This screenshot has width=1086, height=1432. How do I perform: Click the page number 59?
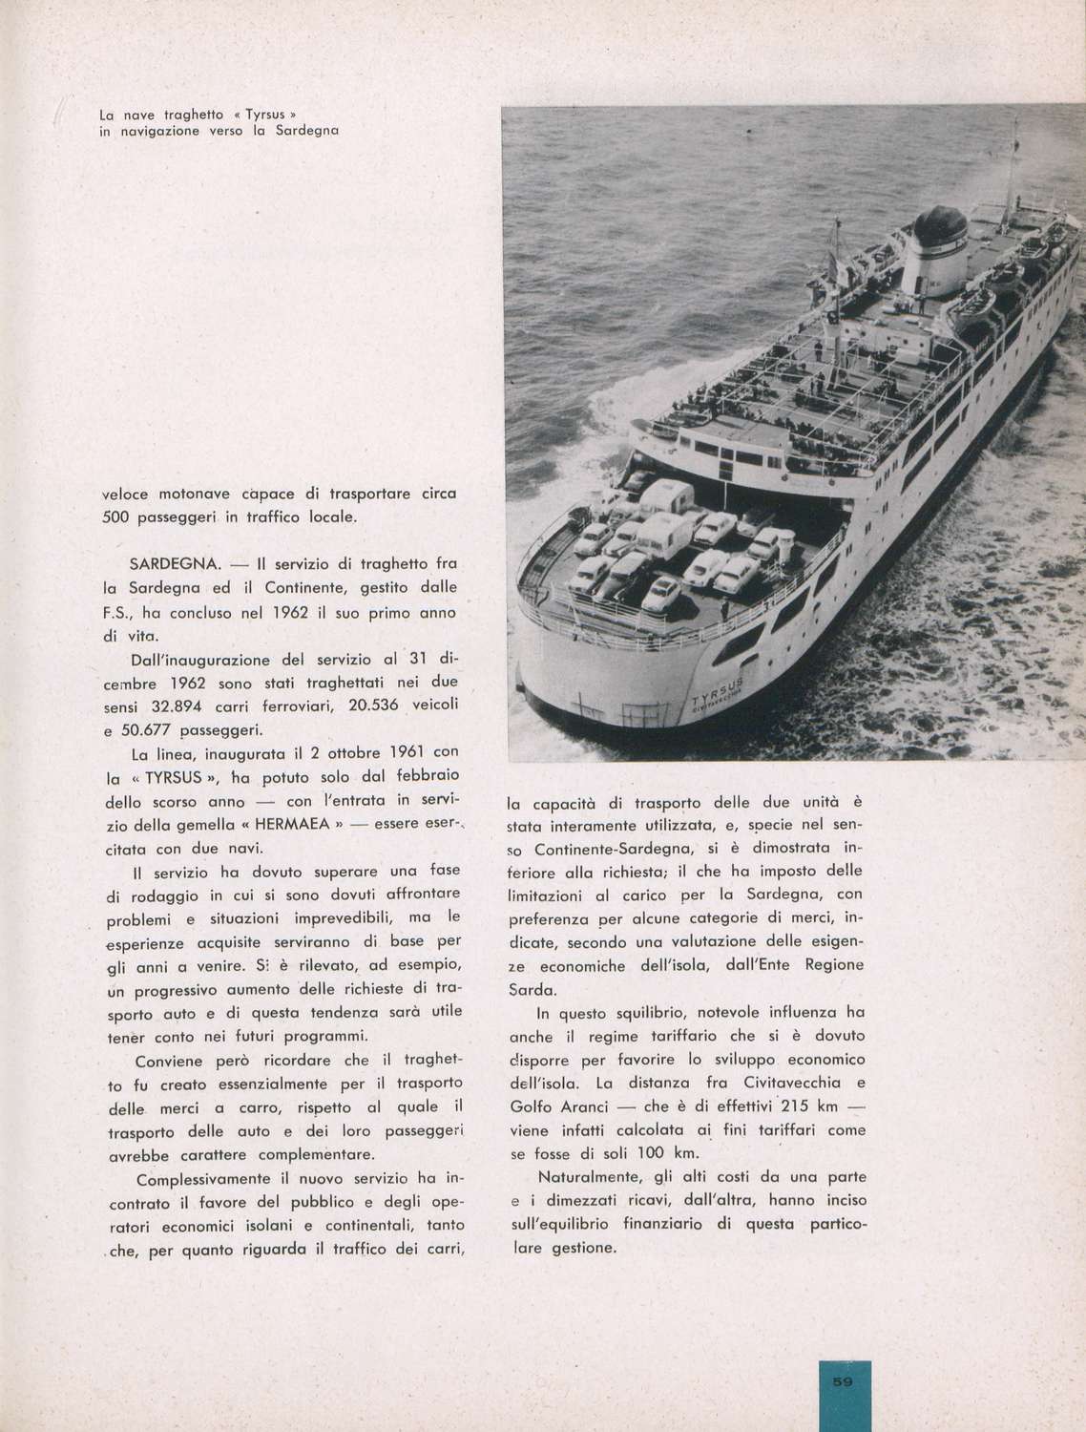(x=845, y=1380)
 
